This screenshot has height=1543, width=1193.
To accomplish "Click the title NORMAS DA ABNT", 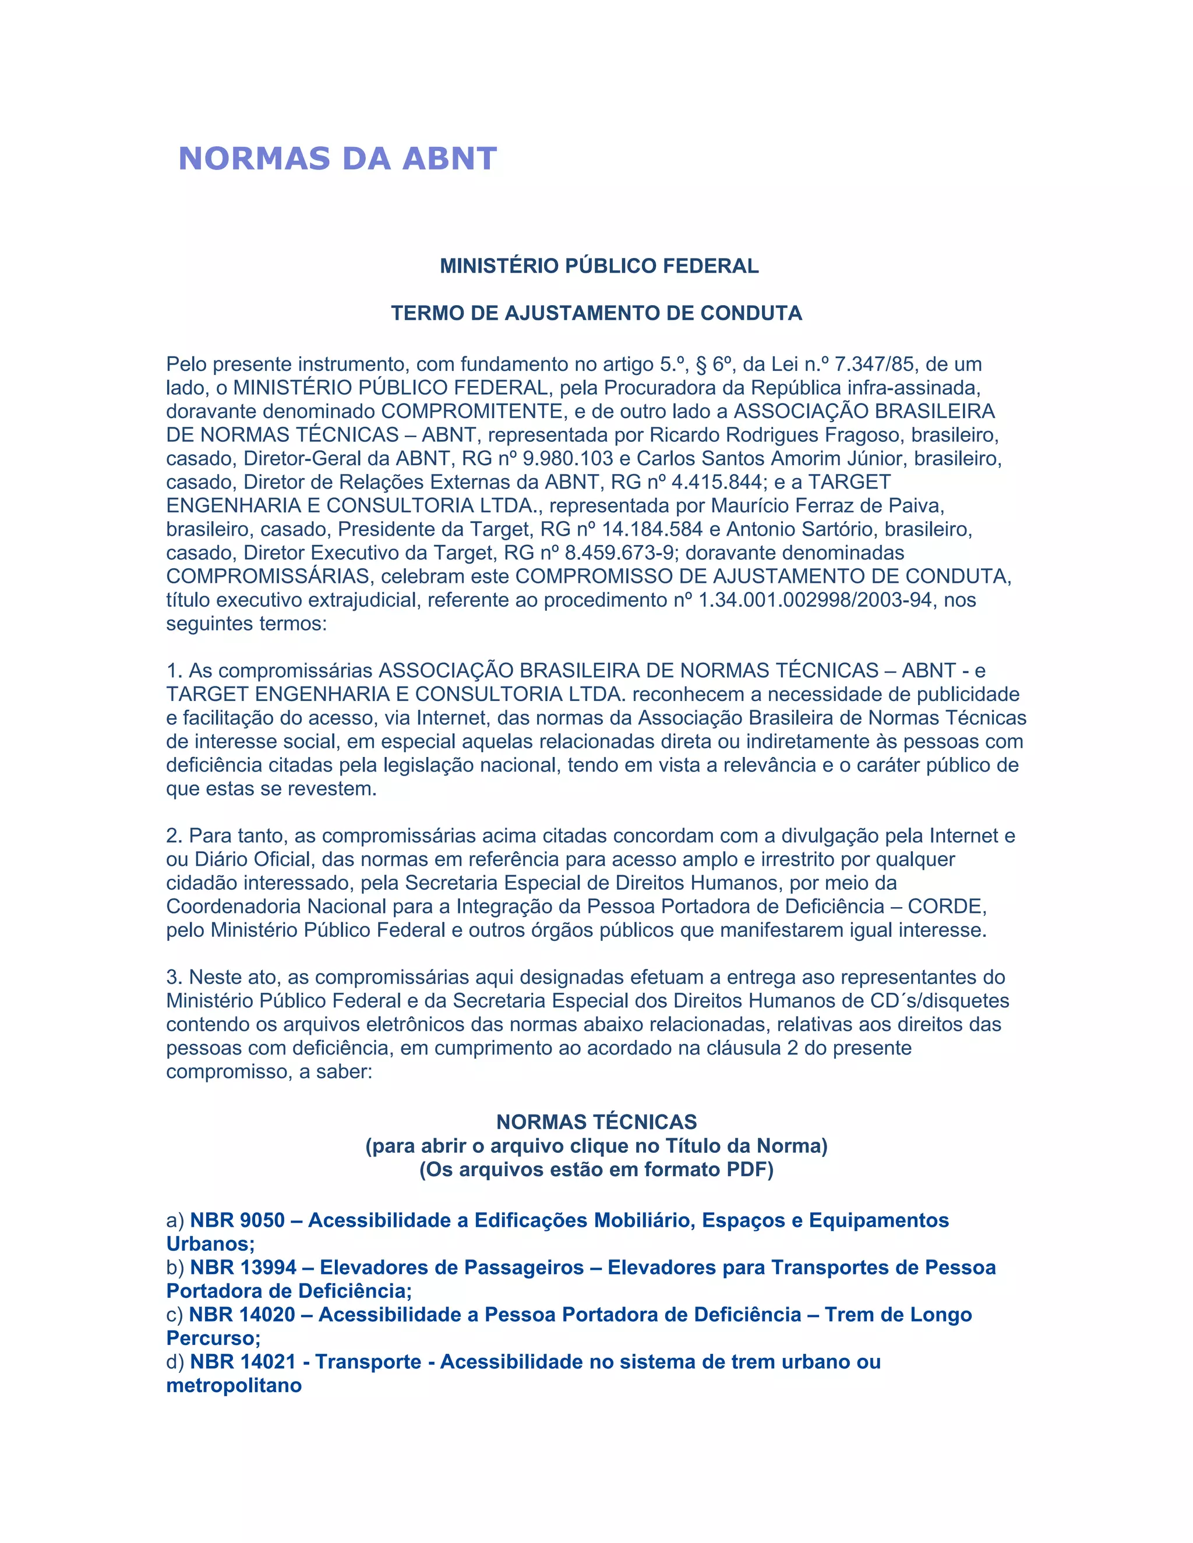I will [x=338, y=159].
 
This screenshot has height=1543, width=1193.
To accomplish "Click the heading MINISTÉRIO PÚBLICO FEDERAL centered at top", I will [x=599, y=266].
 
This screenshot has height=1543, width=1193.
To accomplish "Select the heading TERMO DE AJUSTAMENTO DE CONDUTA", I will [x=596, y=313].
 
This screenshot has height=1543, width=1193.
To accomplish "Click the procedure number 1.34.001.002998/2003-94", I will [x=815, y=600].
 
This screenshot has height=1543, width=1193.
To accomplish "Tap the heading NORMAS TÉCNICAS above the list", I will [x=596, y=1122].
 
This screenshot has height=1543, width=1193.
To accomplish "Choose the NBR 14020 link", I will [x=580, y=1315].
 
